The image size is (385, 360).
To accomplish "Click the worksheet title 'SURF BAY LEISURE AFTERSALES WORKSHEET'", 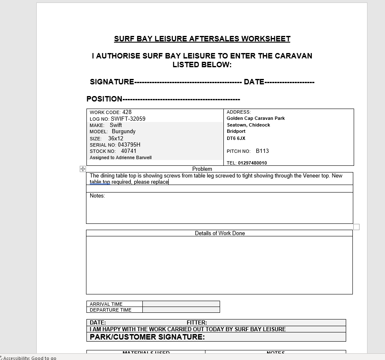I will coord(202,39).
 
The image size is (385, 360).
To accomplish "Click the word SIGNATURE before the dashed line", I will coord(112,82).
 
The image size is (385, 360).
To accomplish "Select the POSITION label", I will coord(104,99).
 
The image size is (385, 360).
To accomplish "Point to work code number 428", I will coord(127,112).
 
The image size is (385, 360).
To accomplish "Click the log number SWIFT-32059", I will coord(128,119).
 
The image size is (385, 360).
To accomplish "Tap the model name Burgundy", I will coord(124,132).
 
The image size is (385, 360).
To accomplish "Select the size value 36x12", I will coord(116,138).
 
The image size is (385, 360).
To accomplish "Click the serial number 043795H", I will coord(129,145).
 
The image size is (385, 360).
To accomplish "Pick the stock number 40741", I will coord(129,151).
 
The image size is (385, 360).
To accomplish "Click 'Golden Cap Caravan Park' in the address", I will coord(256,118).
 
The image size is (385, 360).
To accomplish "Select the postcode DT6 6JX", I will coord(236,138).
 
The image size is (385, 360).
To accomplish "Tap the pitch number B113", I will coord(262,151).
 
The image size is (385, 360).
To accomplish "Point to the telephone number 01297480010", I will coord(252,163).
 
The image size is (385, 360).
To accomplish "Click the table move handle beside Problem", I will coord(83,169).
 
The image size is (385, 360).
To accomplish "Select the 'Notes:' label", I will coord(97,196).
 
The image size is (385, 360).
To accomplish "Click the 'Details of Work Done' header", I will coord(220,233).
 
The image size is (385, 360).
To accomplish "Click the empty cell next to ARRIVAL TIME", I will coord(181,304).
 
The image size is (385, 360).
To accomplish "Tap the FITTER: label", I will coord(197,322).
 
